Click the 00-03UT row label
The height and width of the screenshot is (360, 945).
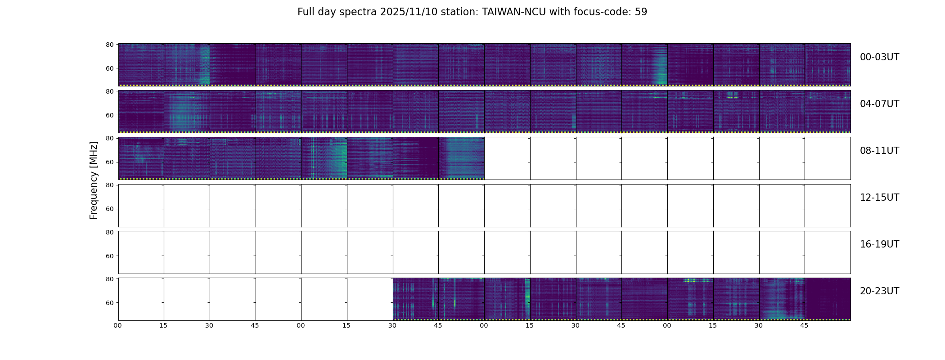879,57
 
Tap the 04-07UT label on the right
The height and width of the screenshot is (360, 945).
879,104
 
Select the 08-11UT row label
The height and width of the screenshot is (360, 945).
879,151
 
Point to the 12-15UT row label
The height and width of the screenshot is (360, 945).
879,198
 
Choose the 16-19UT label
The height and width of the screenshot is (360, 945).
879,244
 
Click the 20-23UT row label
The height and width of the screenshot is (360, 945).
879,291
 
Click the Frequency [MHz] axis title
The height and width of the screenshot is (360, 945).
94,180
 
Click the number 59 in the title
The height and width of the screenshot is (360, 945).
641,12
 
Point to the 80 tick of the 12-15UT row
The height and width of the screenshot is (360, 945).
109,185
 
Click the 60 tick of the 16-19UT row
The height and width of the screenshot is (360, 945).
109,256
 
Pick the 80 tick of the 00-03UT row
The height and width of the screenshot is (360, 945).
109,45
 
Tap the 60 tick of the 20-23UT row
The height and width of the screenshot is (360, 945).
109,303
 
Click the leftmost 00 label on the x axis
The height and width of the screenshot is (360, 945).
117,325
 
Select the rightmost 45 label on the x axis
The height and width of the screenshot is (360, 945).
804,325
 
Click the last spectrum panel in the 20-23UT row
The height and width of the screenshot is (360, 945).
828,299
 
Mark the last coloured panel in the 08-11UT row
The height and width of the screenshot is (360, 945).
461,158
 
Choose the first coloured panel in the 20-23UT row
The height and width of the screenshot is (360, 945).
415,299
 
